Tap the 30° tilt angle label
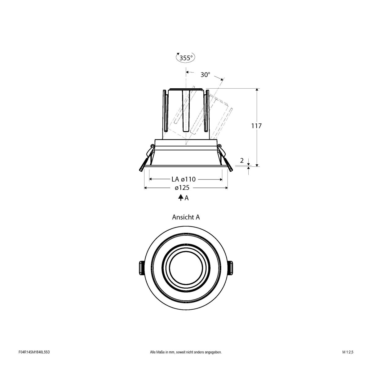click(x=205, y=75)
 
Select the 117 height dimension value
click(x=257, y=126)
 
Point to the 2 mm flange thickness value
click(x=242, y=160)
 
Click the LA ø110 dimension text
click(x=183, y=179)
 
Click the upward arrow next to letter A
click(x=180, y=198)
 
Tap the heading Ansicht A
click(x=186, y=217)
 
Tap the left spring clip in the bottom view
click(x=140, y=267)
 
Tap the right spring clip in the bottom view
click(x=232, y=267)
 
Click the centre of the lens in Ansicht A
click(x=186, y=267)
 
